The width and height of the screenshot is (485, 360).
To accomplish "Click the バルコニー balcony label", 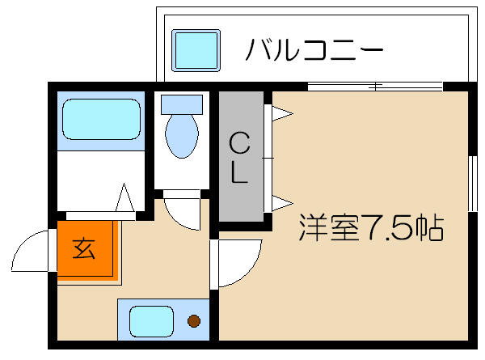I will pos(313,50).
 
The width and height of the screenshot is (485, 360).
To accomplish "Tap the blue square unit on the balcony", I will pos(196,50).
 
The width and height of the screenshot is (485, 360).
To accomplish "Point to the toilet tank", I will pos(181,104).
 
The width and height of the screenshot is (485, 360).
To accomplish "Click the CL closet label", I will pos(239,159).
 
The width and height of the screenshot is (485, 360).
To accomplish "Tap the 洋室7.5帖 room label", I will pos(371,228).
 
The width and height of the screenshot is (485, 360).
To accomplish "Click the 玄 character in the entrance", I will pos(83,248).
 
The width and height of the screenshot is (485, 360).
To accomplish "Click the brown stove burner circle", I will pos(194,320).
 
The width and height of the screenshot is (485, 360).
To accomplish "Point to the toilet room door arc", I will pos(182,212).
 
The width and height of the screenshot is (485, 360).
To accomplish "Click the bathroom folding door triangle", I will pos(125,199).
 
